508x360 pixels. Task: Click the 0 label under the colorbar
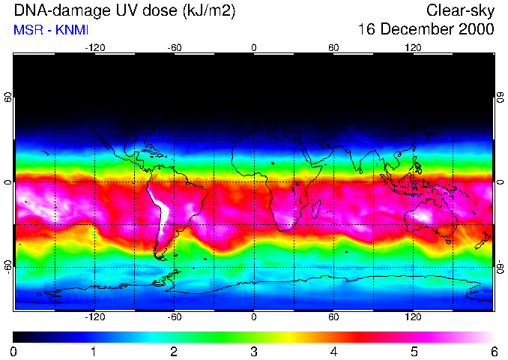pos(14,351)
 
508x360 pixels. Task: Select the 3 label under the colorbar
pos(254,351)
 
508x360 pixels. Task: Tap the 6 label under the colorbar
pos(493,351)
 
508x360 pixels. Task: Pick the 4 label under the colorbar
pos(333,351)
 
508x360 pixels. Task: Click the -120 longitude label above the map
pos(94,47)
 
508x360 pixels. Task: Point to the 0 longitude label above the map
pos(254,47)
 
